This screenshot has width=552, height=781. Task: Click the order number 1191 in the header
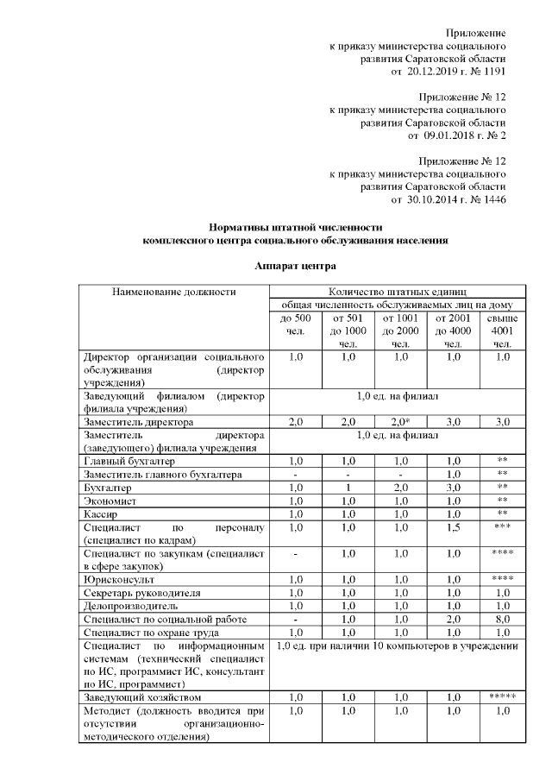click(x=493, y=72)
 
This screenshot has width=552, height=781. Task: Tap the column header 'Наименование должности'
click(x=173, y=292)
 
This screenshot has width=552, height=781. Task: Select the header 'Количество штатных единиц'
click(x=397, y=292)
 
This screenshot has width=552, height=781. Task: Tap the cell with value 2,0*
click(x=401, y=421)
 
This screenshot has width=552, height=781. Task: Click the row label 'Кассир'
click(x=102, y=513)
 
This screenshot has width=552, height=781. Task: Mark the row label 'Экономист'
click(x=110, y=501)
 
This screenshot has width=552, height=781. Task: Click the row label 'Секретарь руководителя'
click(x=142, y=592)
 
